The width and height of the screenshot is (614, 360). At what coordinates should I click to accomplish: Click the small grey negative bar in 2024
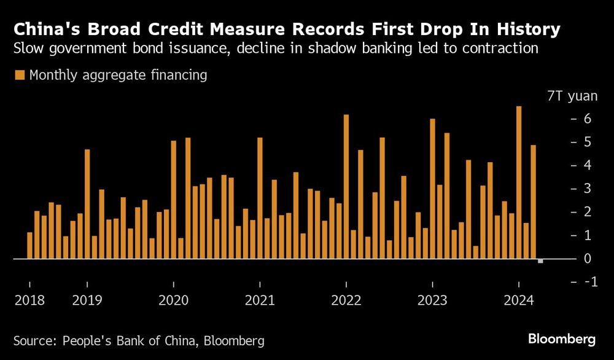[x=540, y=261]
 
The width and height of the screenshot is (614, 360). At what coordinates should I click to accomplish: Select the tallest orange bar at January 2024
[x=519, y=182]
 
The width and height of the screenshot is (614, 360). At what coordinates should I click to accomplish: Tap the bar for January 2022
[x=346, y=187]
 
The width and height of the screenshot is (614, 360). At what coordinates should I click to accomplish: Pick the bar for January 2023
[x=432, y=189]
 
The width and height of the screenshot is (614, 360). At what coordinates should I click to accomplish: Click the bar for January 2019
[x=87, y=204]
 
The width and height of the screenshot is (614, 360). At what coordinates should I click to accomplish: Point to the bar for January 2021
[x=260, y=198]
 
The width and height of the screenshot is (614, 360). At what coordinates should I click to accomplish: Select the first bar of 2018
[x=29, y=245]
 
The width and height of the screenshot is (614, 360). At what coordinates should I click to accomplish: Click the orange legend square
[x=20, y=76]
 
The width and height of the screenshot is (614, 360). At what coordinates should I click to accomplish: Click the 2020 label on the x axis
[x=174, y=301]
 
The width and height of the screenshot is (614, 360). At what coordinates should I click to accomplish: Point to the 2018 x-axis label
[x=29, y=301]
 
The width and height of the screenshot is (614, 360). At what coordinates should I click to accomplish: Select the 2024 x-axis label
[x=519, y=301]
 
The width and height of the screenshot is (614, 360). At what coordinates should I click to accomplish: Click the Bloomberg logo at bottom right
[x=562, y=339]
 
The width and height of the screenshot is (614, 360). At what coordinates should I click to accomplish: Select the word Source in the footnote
[x=33, y=340]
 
